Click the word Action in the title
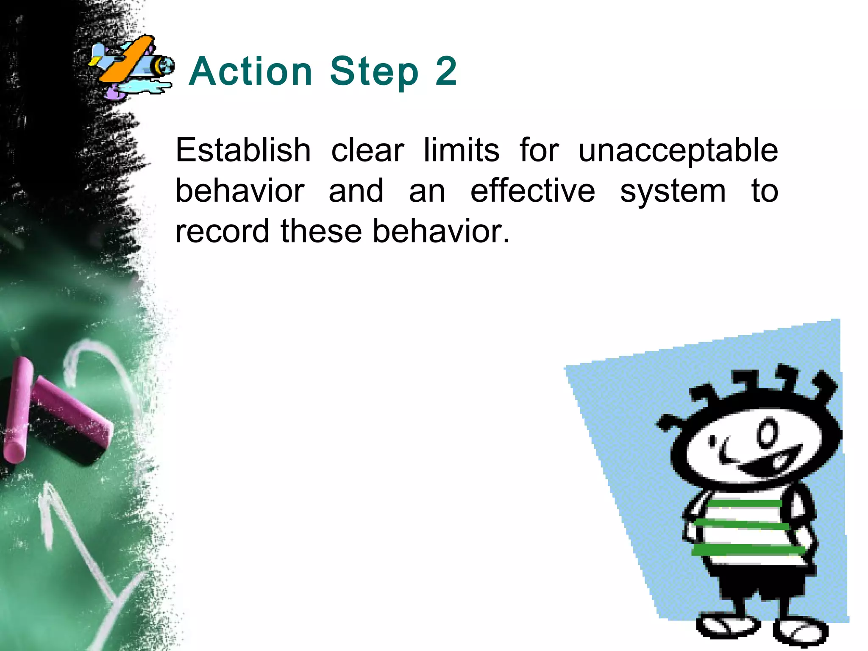(x=250, y=71)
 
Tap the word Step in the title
(x=374, y=71)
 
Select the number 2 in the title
(x=446, y=71)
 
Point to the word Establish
(x=243, y=150)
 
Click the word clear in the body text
(x=367, y=150)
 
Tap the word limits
(x=462, y=150)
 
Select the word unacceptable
(x=678, y=151)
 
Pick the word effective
(x=533, y=191)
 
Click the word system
(x=673, y=192)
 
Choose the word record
(x=222, y=231)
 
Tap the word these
(x=321, y=231)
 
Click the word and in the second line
(x=356, y=191)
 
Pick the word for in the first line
(x=539, y=150)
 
